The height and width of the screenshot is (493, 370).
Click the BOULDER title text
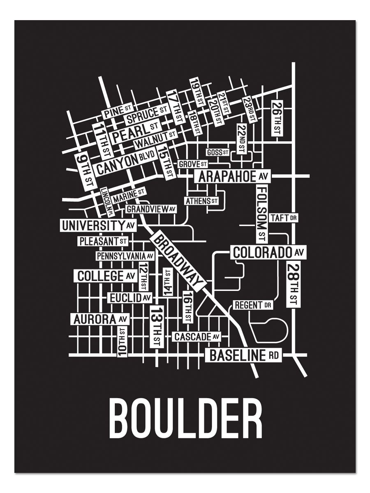click(185, 419)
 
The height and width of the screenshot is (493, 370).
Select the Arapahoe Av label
click(233, 177)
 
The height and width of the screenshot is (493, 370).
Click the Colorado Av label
click(268, 252)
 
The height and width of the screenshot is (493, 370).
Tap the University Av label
click(98, 225)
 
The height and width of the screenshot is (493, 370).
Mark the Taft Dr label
click(284, 218)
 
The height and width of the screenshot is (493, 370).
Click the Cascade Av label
click(197, 337)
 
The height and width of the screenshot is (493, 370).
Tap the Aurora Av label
click(100, 319)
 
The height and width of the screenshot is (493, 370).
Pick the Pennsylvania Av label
click(125, 256)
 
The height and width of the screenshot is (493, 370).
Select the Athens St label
click(201, 201)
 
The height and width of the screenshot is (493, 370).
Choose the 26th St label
click(276, 118)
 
